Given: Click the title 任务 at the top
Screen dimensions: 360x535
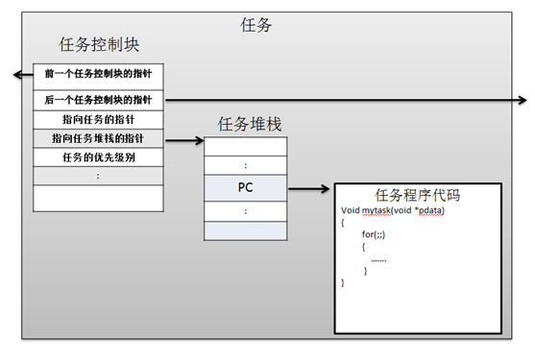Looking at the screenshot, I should pos(256,26).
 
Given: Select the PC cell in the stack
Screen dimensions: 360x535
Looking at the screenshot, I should pos(245,187).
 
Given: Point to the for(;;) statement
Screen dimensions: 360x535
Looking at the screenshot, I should pos(375,233).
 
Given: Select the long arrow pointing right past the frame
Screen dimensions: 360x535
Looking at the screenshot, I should pos(346,99).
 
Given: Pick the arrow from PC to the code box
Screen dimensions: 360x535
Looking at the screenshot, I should pos(309,188).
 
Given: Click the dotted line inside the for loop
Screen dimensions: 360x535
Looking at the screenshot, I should pos(378,258).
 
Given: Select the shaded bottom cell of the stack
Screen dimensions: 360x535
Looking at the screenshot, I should pos(245,231).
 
